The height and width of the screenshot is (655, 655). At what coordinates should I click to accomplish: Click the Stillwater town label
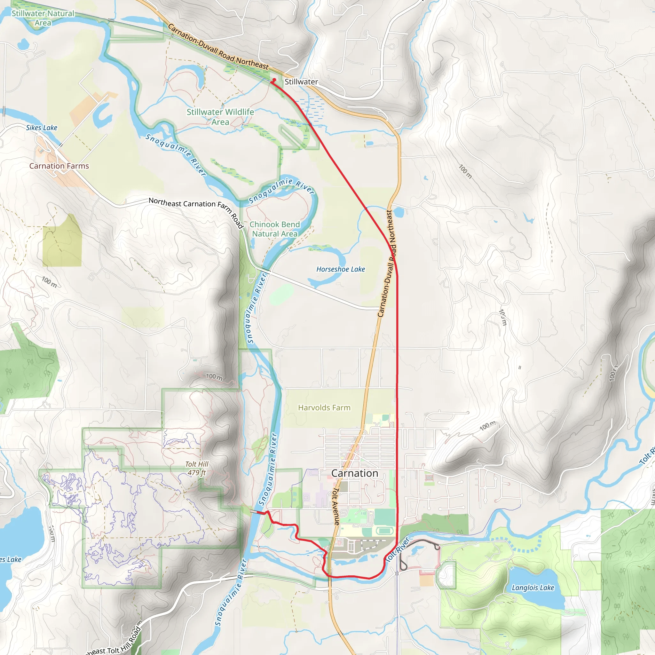click(301, 82)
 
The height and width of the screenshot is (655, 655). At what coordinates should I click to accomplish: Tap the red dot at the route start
click(274, 80)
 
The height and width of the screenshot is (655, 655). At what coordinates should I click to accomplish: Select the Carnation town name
click(355, 473)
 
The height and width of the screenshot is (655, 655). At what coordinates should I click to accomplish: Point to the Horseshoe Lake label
click(340, 269)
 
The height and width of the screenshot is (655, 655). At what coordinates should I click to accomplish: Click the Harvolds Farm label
click(324, 407)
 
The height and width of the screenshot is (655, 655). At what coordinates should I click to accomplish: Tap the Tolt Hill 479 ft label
click(197, 468)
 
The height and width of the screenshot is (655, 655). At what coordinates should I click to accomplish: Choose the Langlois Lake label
click(533, 588)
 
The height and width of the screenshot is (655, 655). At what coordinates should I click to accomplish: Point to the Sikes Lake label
click(41, 128)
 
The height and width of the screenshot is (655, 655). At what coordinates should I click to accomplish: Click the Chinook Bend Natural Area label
click(275, 229)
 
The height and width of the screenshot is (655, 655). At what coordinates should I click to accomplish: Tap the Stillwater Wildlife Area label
click(220, 117)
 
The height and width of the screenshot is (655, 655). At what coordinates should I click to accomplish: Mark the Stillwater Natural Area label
click(43, 18)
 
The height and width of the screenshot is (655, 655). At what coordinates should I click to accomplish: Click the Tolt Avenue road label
click(335, 507)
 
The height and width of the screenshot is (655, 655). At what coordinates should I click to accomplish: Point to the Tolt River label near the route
click(398, 549)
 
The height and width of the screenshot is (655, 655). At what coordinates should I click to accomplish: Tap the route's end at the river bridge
click(264, 513)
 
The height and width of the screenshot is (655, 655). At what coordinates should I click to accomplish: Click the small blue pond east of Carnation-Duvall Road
click(399, 212)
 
